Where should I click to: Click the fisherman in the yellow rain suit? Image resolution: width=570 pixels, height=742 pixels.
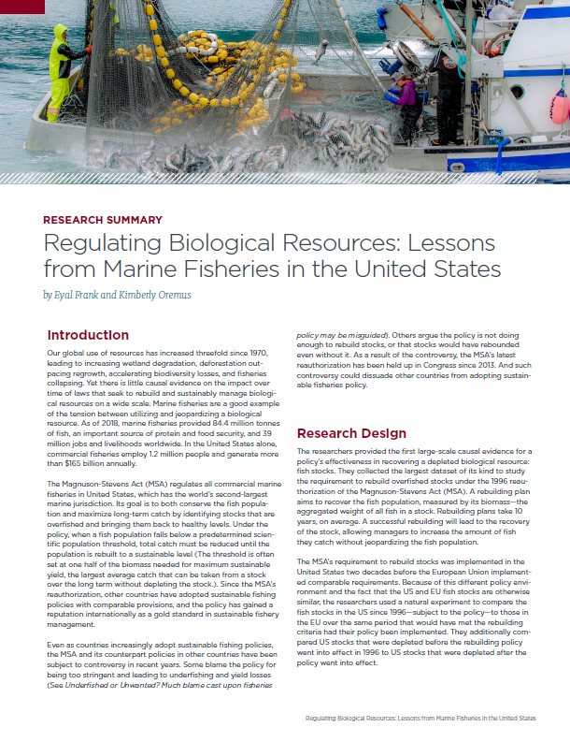59,70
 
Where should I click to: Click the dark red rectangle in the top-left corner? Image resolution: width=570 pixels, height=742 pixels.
21,7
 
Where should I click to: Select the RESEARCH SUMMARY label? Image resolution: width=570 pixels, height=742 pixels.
103,220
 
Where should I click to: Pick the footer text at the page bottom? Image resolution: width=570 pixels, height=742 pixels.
421,718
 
